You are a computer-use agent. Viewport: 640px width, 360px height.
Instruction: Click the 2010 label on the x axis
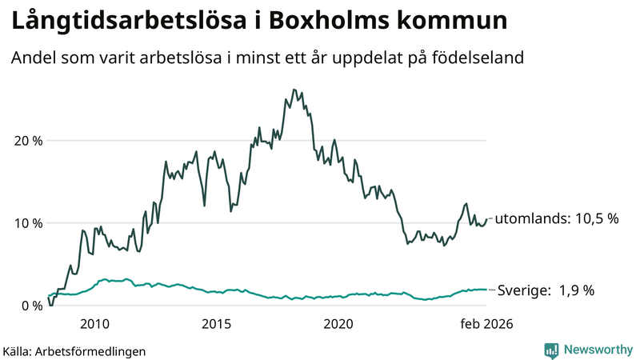(94, 324)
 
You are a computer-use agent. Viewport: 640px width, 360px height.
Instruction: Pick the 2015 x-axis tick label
(216, 324)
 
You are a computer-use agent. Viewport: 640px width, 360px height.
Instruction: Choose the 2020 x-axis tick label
(338, 324)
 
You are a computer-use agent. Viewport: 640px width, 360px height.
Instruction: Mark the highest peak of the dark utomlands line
(294, 90)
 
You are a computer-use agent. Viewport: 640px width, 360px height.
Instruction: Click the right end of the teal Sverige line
(486, 290)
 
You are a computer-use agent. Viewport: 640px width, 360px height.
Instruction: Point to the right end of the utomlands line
(486, 219)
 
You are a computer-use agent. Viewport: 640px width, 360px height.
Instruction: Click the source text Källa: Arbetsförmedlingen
(74, 350)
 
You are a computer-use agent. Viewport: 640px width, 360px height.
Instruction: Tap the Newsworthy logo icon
(551, 350)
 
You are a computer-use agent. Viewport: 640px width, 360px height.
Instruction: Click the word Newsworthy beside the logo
(598, 350)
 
